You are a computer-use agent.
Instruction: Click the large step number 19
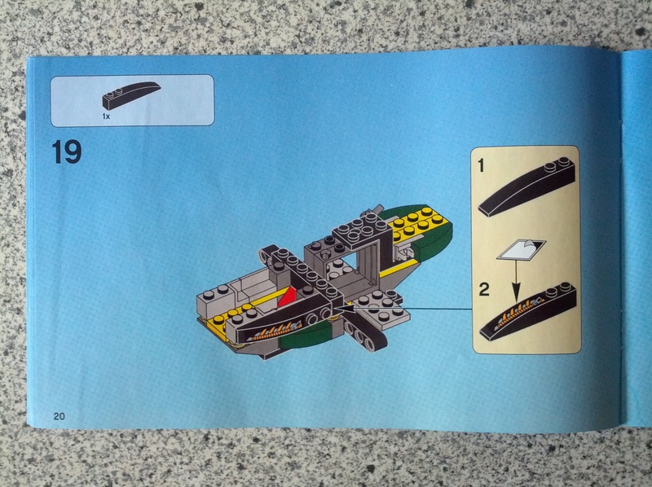tap(67, 152)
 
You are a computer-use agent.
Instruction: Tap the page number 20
tap(59, 416)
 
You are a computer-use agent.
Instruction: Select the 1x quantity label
tap(106, 116)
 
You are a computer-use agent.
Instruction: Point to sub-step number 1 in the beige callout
tap(482, 166)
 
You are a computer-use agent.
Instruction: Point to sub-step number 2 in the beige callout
tap(484, 289)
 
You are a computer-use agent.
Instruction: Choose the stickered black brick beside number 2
tap(528, 311)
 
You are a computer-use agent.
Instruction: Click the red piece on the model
tap(289, 296)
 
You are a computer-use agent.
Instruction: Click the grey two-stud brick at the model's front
tap(217, 300)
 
